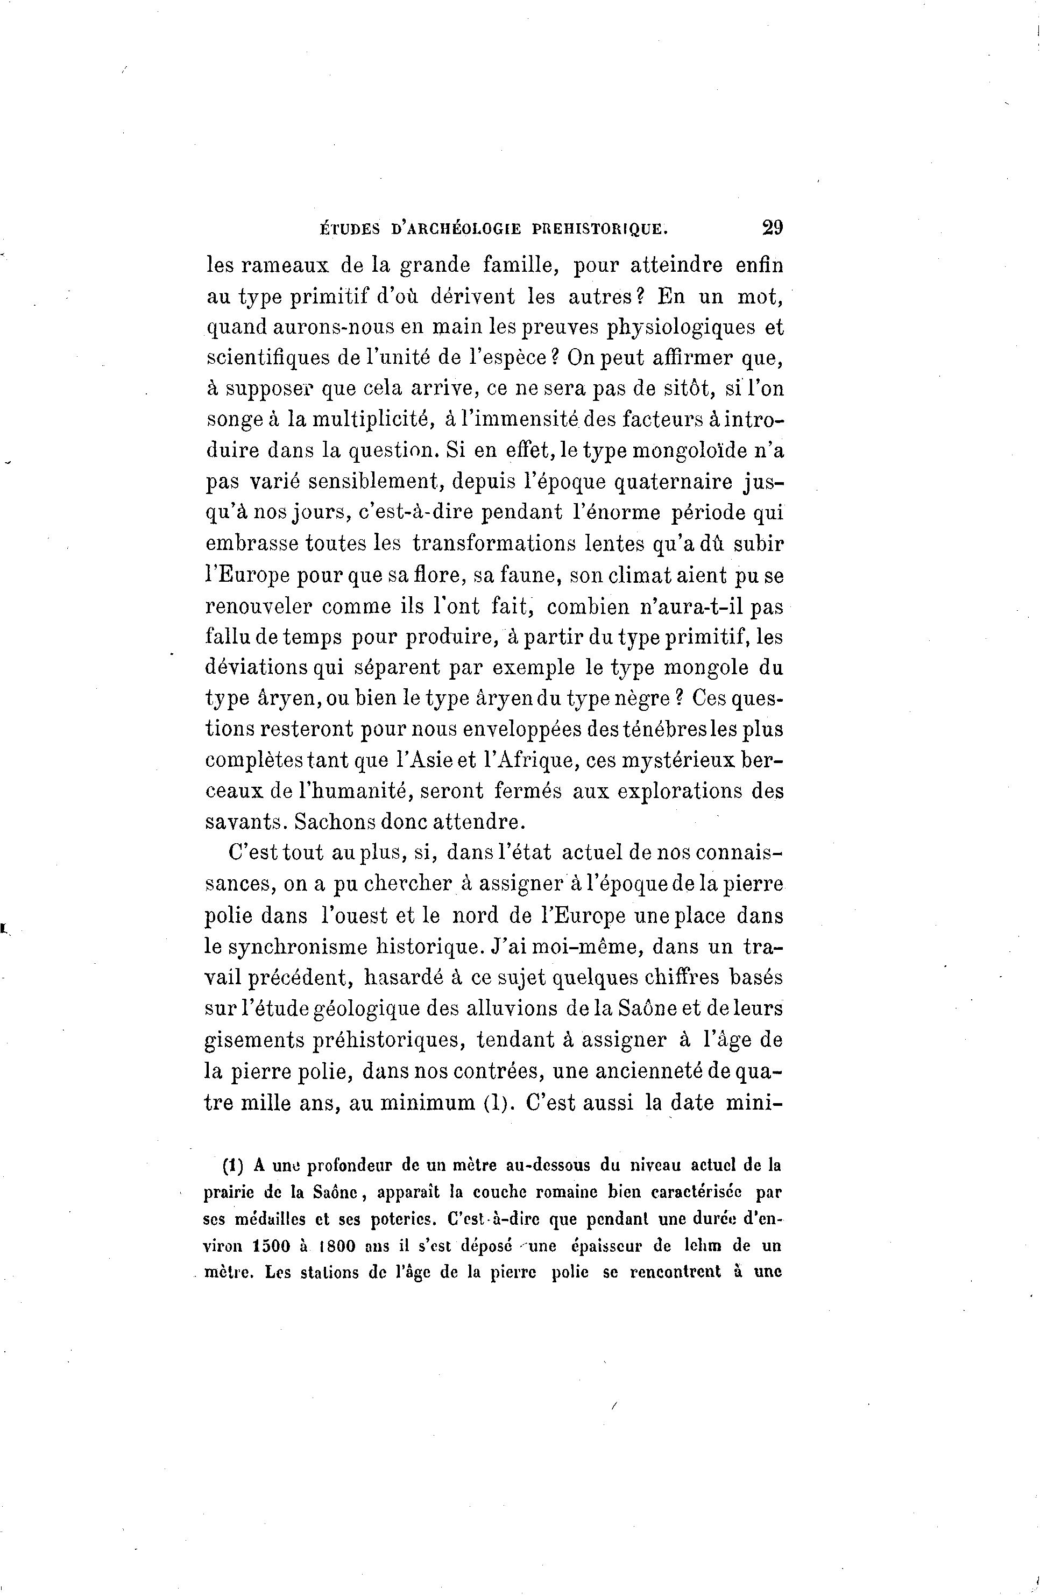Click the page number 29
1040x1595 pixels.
click(772, 227)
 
